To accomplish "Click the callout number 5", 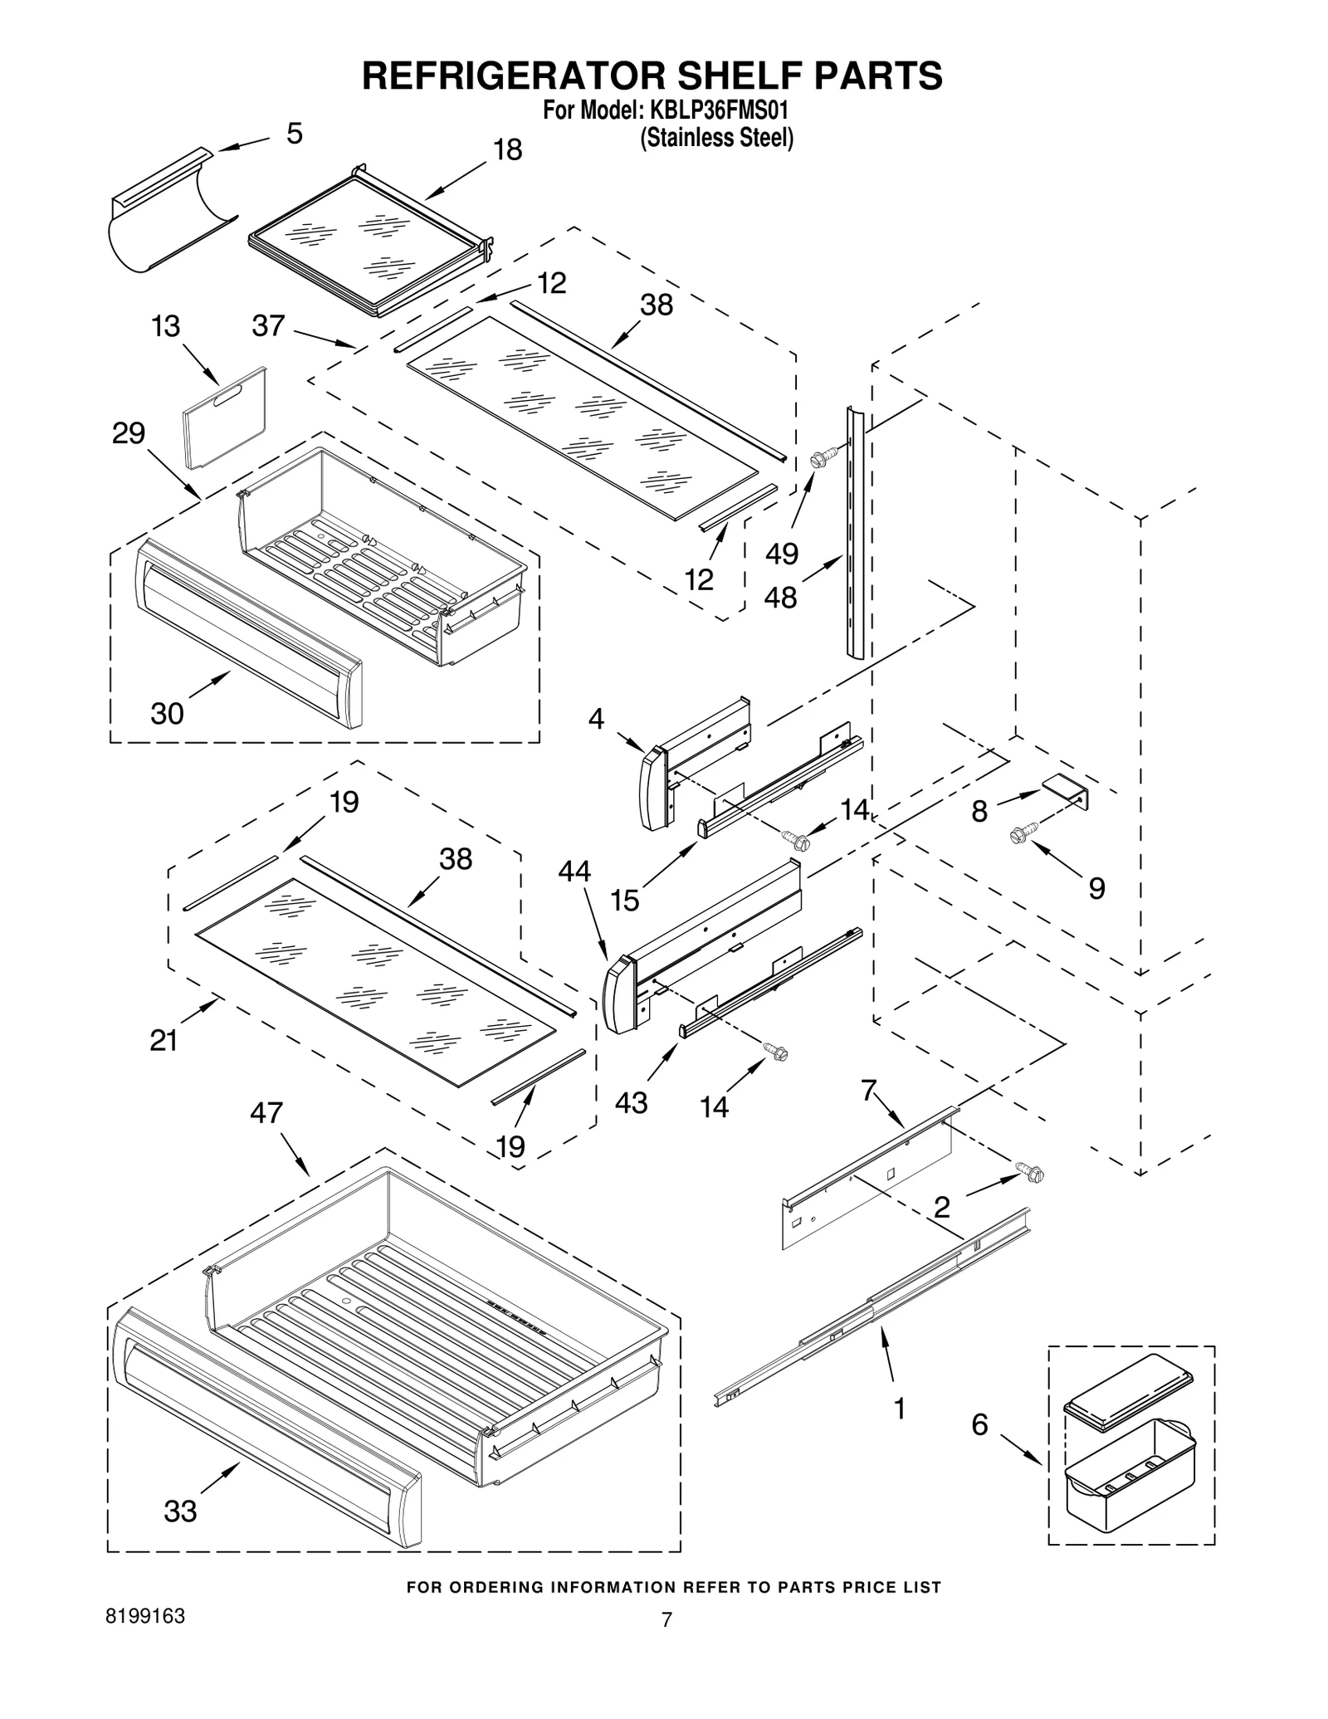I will [295, 134].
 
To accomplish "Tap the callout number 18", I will [507, 150].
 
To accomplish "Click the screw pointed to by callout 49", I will [818, 457].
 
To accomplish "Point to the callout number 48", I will [780, 597].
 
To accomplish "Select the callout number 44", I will [574, 871].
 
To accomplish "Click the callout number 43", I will [631, 1102].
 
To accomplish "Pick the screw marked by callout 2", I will [1030, 1173].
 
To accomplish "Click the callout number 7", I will [868, 1090].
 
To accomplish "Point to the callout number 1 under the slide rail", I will [898, 1409].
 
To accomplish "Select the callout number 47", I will [266, 1112].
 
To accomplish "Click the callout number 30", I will [167, 713].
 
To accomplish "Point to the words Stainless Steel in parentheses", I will [715, 138].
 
